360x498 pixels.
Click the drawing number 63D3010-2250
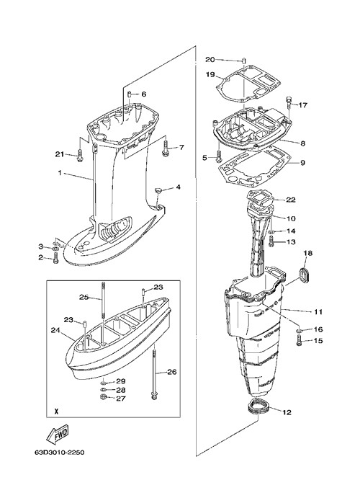[x=60, y=453]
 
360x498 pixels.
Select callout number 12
[x=287, y=412]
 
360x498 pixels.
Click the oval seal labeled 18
[x=306, y=274]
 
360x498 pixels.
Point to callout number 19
[x=210, y=75]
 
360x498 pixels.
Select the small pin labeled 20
[x=245, y=61]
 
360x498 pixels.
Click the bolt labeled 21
[x=80, y=155]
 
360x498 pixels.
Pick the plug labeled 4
[x=158, y=190]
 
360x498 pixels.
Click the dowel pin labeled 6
[x=130, y=94]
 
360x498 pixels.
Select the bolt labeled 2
[x=56, y=258]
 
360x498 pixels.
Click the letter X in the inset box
[x=56, y=412]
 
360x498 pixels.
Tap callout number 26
[x=172, y=372]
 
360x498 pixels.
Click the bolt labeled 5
[x=218, y=155]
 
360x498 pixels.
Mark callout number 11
[x=318, y=312]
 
